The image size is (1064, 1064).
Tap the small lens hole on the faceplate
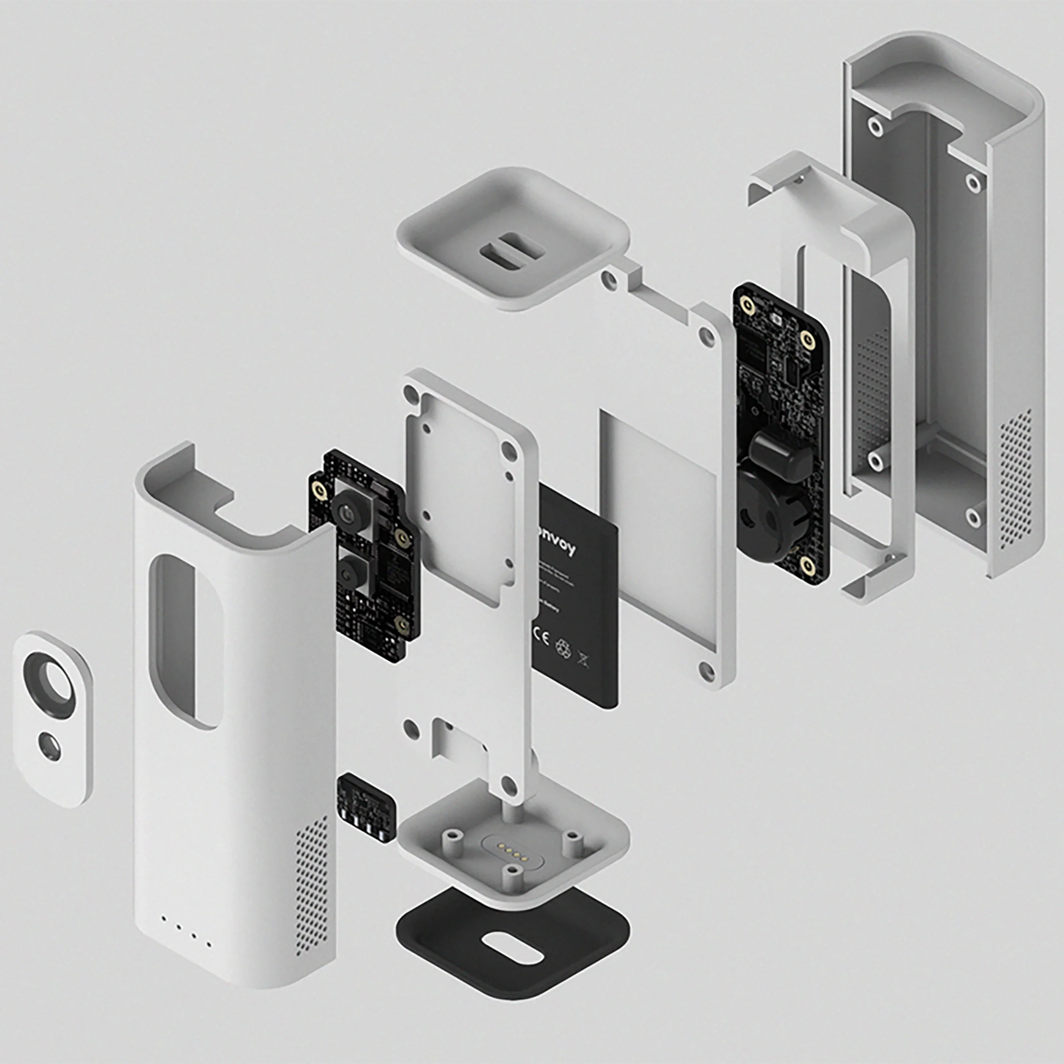point(50,745)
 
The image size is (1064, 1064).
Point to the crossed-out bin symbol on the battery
point(583,658)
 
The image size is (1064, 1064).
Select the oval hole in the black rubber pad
point(512,948)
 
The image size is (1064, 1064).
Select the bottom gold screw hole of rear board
point(807,564)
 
